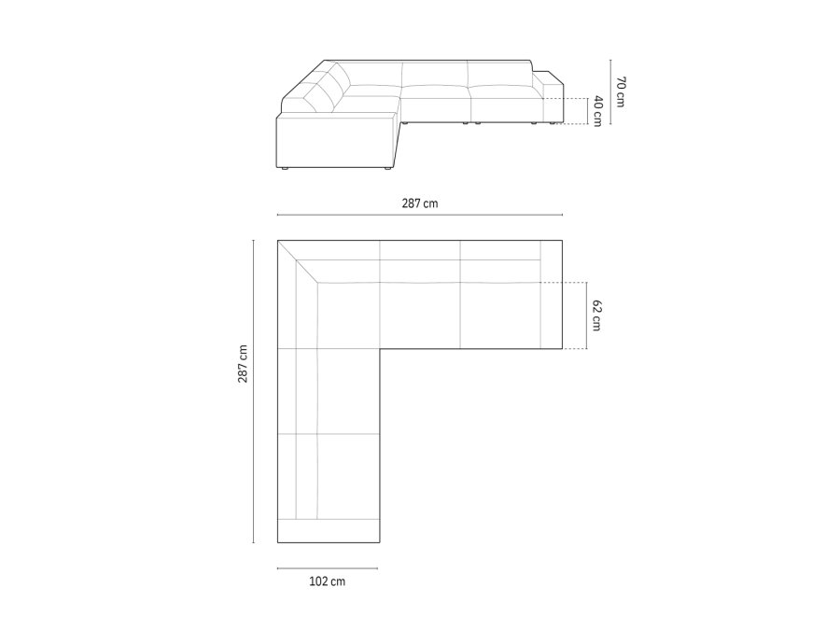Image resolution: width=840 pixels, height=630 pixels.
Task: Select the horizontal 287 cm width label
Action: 419,203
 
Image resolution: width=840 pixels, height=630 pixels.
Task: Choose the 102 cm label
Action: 327,581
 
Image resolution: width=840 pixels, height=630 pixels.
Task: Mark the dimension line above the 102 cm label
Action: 327,567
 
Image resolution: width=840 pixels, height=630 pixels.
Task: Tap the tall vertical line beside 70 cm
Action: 609,90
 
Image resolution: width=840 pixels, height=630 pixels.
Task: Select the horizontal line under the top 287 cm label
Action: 419,216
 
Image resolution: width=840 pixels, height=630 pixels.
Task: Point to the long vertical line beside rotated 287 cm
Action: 253,391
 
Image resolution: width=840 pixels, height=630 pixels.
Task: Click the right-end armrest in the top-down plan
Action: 550,294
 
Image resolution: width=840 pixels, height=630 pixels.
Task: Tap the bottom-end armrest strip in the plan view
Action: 329,531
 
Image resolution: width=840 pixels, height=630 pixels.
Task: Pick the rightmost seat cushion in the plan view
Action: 500,314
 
